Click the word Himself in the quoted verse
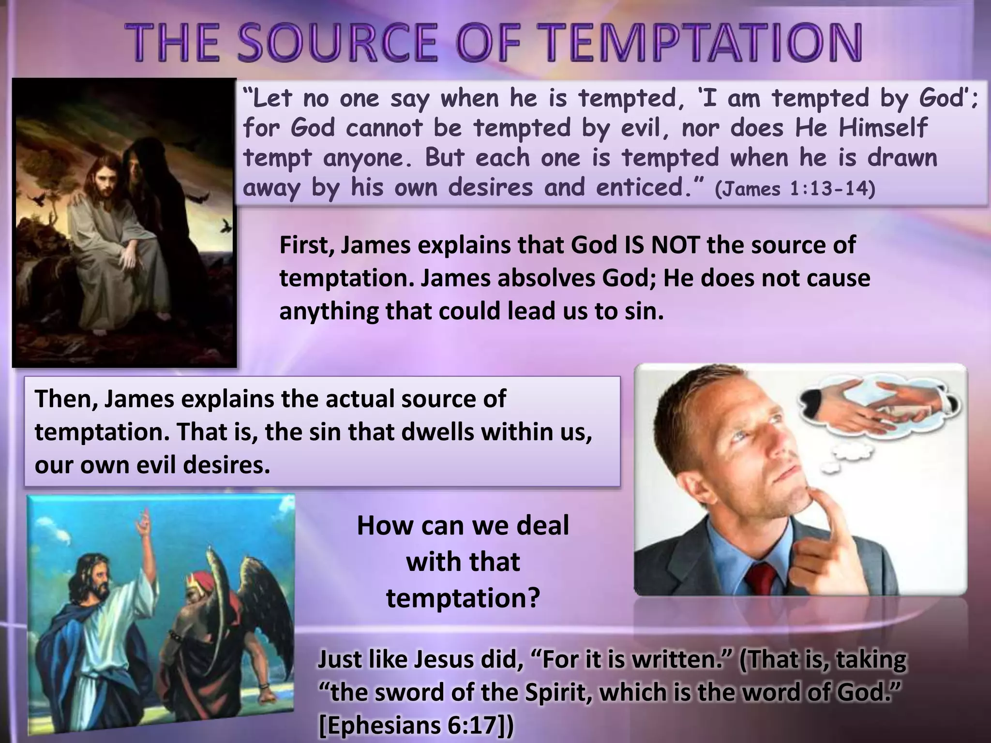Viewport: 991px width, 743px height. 883,129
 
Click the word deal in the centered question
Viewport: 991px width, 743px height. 542,526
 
